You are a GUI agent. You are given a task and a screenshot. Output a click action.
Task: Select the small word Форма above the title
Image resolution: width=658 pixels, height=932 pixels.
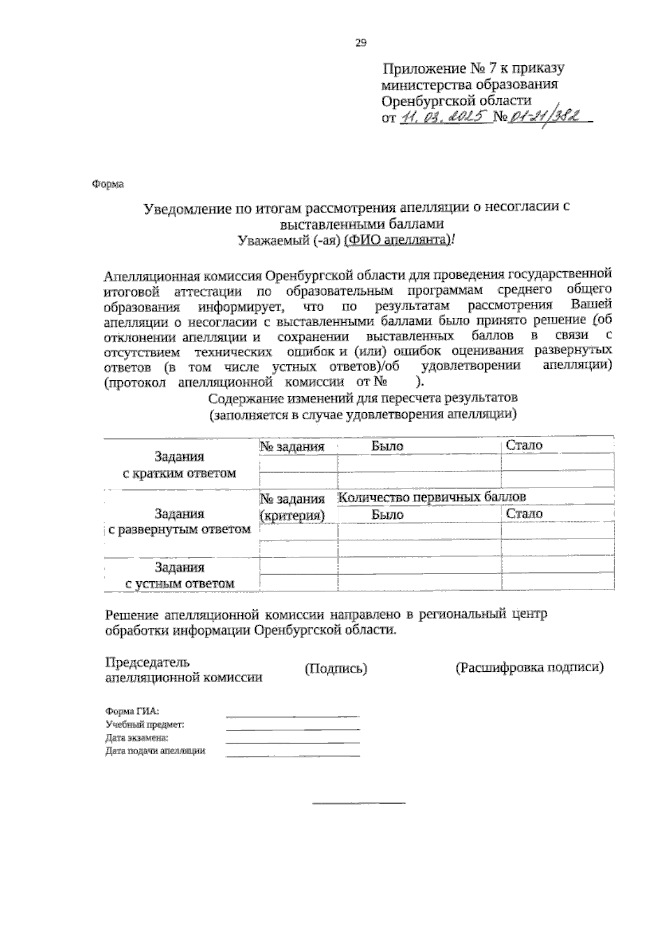click(107, 184)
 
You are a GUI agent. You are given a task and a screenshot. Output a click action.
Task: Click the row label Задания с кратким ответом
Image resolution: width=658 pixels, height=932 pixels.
click(179, 465)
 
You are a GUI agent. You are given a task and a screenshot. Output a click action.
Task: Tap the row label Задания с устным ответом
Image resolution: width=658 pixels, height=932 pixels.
click(179, 575)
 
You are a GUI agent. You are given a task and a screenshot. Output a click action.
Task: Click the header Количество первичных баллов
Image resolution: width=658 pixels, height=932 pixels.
click(432, 497)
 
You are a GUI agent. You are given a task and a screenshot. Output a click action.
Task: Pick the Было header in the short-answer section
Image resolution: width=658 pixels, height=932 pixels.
click(387, 446)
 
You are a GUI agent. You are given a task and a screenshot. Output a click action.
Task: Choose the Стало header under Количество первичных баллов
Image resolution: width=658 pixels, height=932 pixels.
click(524, 514)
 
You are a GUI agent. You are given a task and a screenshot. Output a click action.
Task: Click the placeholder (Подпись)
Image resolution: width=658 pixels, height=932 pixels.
click(336, 669)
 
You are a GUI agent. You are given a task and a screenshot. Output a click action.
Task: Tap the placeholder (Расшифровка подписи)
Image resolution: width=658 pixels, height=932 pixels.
click(529, 668)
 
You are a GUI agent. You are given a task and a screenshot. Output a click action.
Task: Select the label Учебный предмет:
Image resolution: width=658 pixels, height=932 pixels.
click(145, 725)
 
